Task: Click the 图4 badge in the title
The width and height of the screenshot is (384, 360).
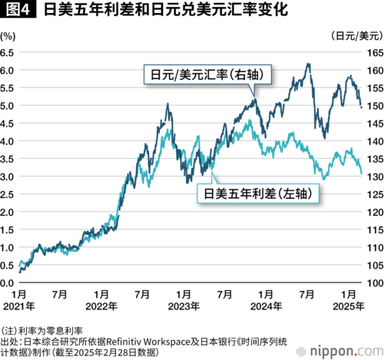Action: coord(18,10)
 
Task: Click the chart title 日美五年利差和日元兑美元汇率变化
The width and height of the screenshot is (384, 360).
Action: coord(166,10)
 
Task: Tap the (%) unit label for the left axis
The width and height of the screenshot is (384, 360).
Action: coord(8,36)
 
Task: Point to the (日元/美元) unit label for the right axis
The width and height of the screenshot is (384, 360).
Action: coord(357,36)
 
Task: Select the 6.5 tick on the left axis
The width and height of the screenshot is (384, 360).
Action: coord(7,53)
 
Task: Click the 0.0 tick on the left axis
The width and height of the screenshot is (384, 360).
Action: coord(7,283)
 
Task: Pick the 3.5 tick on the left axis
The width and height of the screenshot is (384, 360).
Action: coord(7,159)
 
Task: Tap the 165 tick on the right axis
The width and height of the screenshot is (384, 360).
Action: coord(376,53)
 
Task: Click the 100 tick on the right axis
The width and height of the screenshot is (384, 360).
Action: coord(376,283)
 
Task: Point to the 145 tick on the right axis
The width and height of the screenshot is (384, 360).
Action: coord(376,124)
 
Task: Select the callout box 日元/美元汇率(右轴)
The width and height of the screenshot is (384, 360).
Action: coord(207,74)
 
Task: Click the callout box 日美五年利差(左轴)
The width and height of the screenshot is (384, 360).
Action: coord(258,193)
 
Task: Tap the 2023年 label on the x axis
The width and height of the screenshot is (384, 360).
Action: coord(184,306)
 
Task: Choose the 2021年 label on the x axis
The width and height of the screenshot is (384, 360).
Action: coord(19,306)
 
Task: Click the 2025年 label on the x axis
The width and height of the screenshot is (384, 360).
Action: coord(349,306)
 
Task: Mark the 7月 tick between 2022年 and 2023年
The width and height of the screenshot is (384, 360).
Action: coord(142,295)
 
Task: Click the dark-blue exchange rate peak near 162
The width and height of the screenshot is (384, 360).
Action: coord(309,64)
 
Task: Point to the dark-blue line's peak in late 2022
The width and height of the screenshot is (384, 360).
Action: coord(167,104)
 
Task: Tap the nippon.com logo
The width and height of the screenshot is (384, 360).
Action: coord(340,352)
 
